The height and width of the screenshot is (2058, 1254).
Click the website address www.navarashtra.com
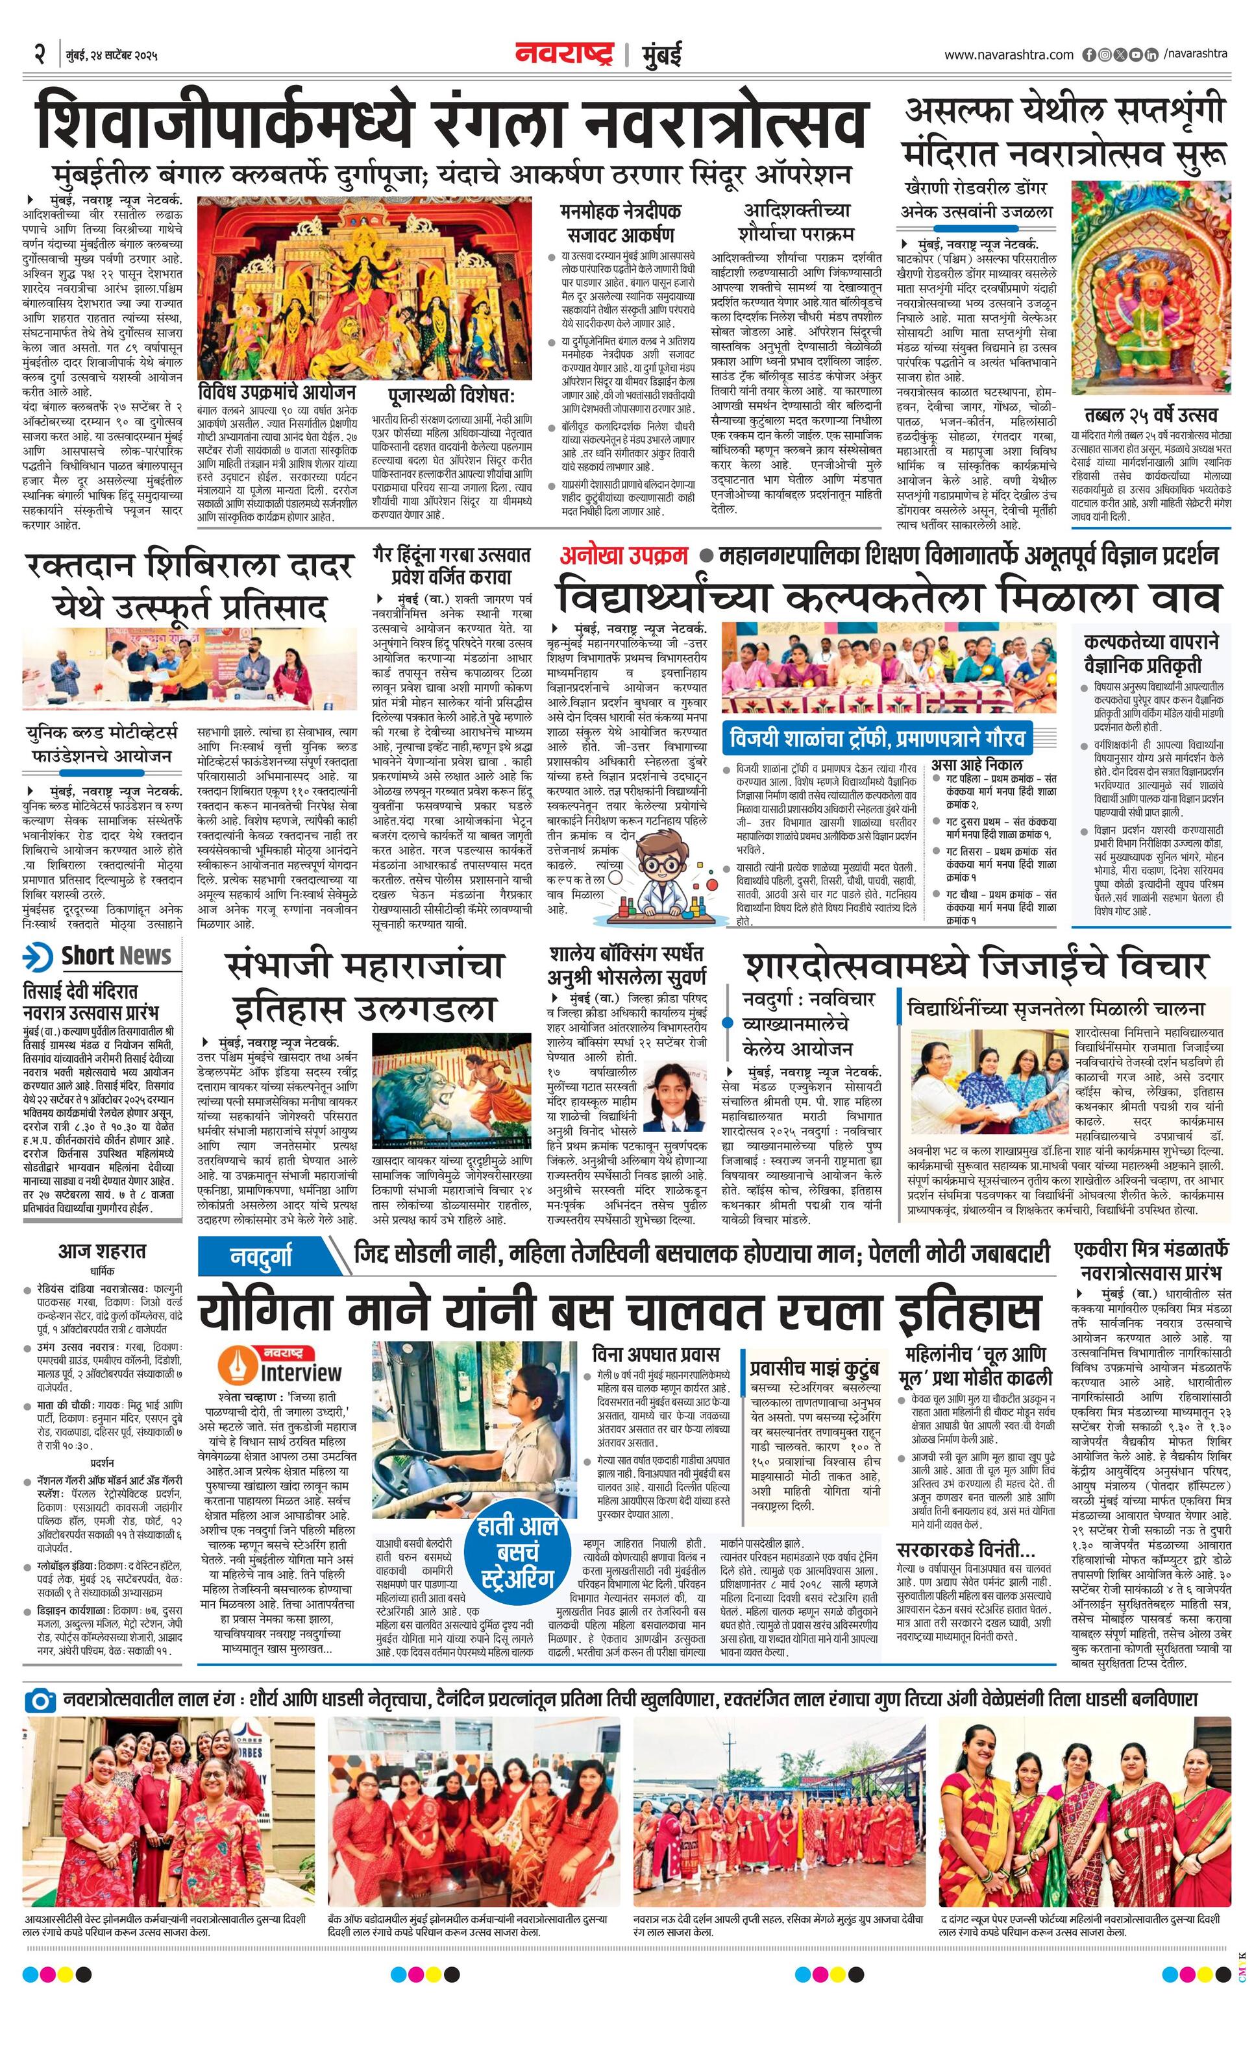pyautogui.click(x=1009, y=55)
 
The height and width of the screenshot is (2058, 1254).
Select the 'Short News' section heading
pyautogui.click(x=116, y=956)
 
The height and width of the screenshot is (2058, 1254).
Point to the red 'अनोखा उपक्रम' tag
pyautogui.click(x=624, y=555)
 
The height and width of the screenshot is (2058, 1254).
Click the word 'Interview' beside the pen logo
pyautogui.click(x=301, y=1373)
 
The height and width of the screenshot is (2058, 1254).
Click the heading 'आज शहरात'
pyautogui.click(x=102, y=1251)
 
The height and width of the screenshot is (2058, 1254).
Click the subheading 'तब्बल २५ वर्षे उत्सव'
pyautogui.click(x=1151, y=415)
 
